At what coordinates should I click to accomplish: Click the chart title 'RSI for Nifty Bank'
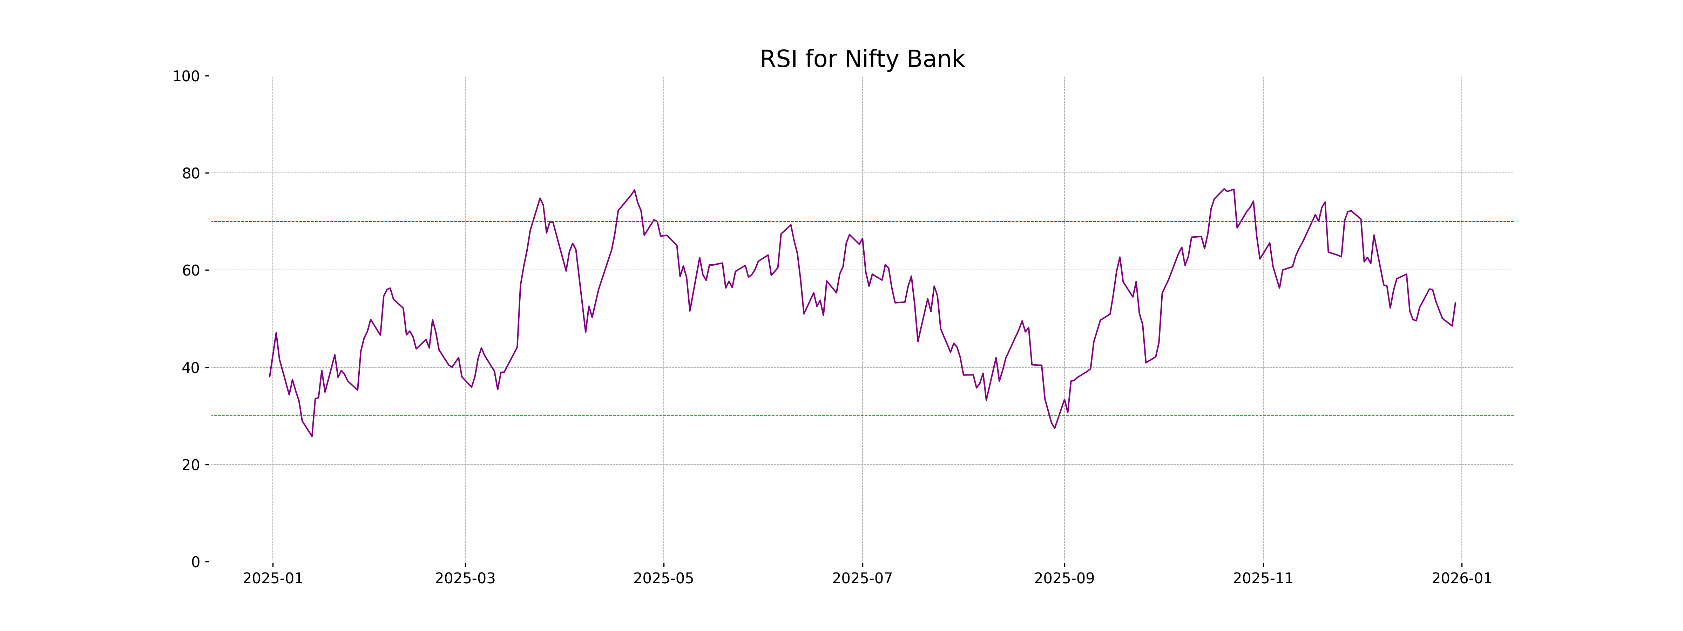tap(862, 60)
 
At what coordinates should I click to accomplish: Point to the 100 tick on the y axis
tap(186, 76)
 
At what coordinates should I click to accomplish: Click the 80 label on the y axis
tap(191, 174)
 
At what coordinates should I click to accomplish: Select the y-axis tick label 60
tap(191, 270)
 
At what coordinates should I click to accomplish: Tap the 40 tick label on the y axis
tap(191, 368)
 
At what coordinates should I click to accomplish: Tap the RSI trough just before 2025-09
tap(1054, 428)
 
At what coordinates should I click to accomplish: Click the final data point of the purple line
tap(1455, 303)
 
